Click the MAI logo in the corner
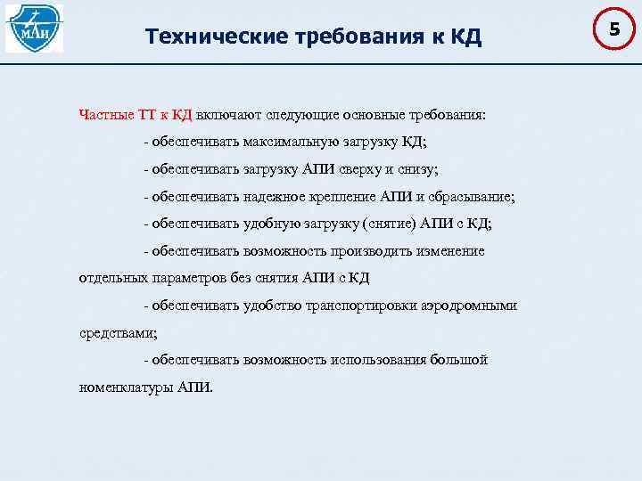click(x=34, y=29)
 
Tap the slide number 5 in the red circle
click(x=613, y=30)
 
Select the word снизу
click(x=418, y=169)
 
